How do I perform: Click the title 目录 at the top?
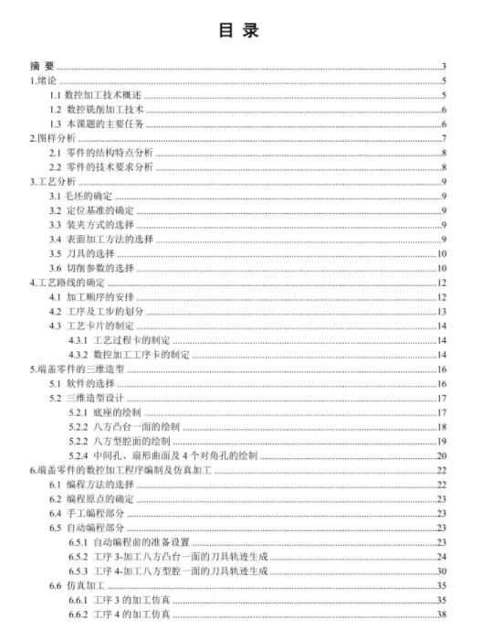coord(240,30)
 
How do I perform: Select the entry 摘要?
coord(42,66)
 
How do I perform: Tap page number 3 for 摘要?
coord(443,66)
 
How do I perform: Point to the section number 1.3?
coord(55,123)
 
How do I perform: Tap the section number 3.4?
coord(55,239)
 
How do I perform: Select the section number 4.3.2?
coord(79,355)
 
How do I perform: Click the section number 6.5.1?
coord(79,542)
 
